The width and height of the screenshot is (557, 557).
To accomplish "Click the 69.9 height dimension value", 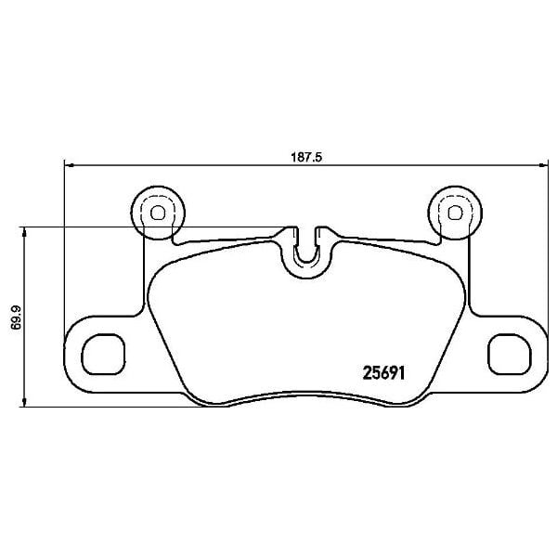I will (x=16, y=317).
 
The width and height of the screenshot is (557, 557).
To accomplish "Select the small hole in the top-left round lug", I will (x=156, y=212).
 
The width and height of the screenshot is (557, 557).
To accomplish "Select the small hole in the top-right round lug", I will (x=454, y=212).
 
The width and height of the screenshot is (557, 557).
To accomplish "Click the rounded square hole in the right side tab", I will (x=507, y=354).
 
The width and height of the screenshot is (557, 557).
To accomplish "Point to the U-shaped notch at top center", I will (x=305, y=251).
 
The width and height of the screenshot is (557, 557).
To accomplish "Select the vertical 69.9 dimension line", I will (x=25, y=278).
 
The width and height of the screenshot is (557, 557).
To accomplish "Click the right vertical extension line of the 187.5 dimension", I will (x=545, y=251).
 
